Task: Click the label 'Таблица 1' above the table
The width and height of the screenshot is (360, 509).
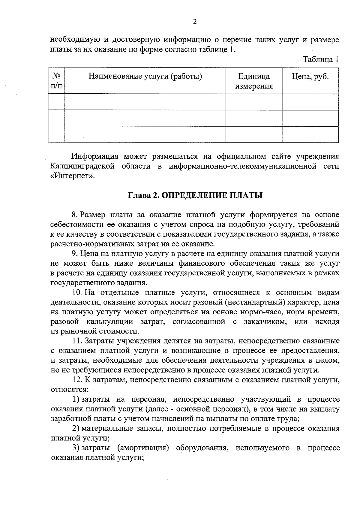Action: point(321,59)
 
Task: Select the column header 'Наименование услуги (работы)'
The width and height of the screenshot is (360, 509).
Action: point(145,76)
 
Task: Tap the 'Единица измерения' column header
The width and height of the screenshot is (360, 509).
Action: point(254,81)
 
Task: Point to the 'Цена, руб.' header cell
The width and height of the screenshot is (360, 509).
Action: point(310,76)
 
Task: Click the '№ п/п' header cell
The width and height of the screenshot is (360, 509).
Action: point(56,81)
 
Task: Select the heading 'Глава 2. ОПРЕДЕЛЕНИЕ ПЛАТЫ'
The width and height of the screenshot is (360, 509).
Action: point(195,196)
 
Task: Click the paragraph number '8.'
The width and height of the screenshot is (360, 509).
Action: point(75,215)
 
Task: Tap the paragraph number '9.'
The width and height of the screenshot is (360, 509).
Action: point(75,254)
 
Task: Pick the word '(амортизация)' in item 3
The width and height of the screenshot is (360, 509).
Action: point(142,448)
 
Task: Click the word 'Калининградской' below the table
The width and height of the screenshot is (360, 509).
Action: point(82,166)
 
